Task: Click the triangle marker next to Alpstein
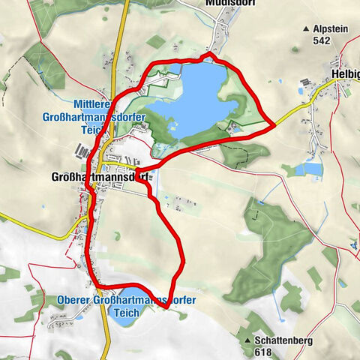[306, 28]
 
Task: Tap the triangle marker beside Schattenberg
[247, 340]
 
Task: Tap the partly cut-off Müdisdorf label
[225, 3]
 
